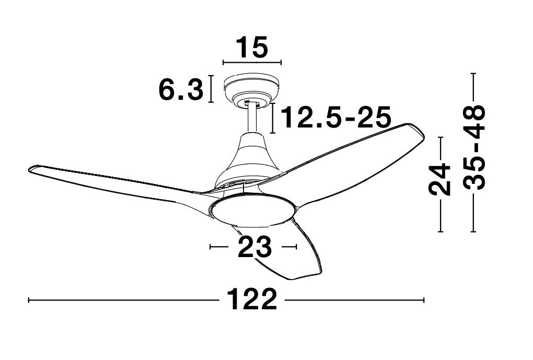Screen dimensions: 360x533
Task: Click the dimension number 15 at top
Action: point(252,47)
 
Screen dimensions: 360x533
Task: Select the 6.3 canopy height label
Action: point(180,90)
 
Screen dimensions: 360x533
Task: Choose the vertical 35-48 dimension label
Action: point(474,147)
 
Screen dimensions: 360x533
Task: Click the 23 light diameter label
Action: point(254,247)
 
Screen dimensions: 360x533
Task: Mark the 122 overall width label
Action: point(252,300)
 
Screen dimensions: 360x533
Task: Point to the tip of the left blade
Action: point(32,169)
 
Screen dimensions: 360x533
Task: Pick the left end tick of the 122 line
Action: point(28,300)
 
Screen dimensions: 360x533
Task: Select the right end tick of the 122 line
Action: point(423,300)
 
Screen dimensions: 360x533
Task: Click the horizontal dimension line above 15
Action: point(252,63)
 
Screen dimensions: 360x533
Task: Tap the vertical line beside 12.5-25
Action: point(273,118)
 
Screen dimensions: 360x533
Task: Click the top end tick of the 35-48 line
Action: point(473,74)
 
